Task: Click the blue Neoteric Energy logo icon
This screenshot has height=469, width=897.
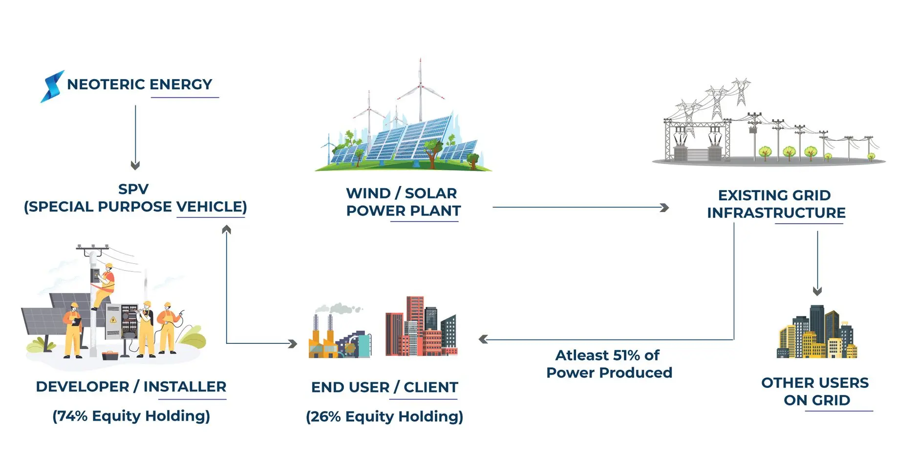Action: [52, 86]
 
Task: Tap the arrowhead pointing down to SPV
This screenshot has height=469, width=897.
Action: [135, 166]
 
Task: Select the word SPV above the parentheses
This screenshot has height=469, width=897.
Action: [133, 189]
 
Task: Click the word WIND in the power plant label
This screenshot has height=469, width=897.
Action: [368, 193]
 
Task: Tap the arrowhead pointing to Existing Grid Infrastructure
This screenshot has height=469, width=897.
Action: [664, 208]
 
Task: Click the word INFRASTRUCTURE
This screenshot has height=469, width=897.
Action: [776, 213]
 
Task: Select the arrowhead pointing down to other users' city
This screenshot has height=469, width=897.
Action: [817, 291]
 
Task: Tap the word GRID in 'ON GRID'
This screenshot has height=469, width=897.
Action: [831, 401]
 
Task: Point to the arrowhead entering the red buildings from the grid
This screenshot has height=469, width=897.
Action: [483, 339]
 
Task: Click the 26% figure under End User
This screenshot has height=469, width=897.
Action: [325, 417]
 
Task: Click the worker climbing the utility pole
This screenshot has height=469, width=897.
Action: [104, 286]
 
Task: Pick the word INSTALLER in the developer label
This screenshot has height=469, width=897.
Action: [185, 387]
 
